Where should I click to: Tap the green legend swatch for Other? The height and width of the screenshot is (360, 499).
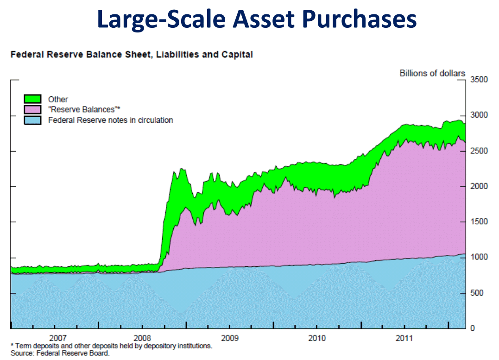point(33,99)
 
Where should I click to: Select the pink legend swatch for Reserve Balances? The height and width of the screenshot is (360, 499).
point(33,110)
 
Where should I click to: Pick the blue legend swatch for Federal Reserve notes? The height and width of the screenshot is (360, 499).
point(33,120)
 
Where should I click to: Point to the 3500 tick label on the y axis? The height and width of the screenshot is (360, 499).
point(479,80)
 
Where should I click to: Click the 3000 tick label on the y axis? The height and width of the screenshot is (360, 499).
point(479,115)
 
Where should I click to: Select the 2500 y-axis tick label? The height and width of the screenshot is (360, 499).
point(479,151)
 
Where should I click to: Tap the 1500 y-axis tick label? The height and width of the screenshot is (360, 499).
point(479,222)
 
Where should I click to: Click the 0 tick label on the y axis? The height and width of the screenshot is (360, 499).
point(473,328)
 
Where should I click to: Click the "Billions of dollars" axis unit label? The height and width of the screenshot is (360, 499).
point(432,73)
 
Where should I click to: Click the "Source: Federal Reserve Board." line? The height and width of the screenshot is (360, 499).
point(60,354)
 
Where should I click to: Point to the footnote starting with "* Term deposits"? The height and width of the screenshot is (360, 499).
point(111,346)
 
